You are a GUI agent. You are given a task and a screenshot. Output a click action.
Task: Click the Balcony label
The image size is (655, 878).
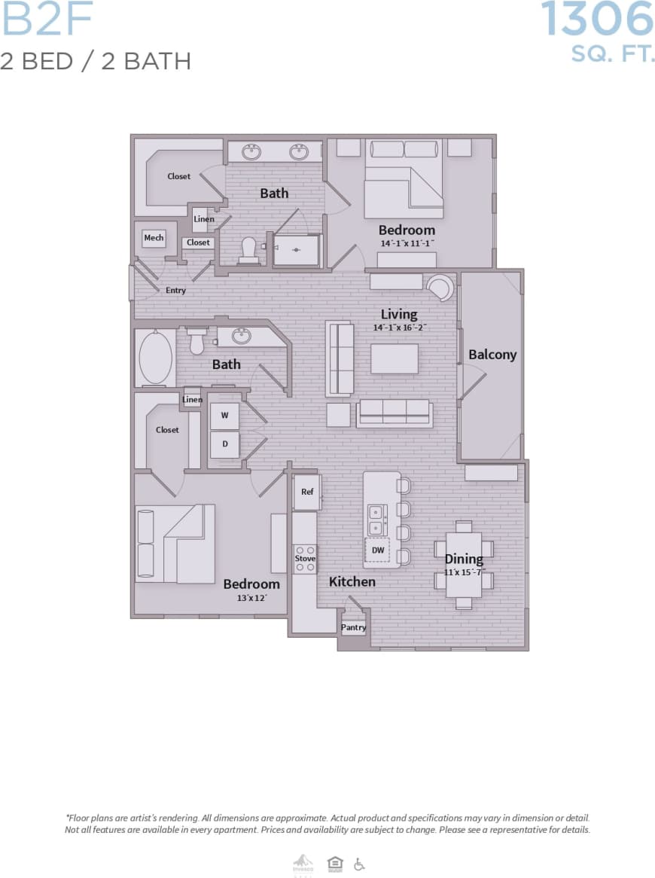pos(492,354)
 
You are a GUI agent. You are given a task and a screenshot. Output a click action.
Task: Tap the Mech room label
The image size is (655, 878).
pos(154,238)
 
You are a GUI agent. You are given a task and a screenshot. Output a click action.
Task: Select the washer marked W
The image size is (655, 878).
pos(224,416)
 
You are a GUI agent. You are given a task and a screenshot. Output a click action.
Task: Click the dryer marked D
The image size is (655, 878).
pos(224,444)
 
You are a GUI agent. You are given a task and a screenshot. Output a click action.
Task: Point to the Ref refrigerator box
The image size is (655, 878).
pos(307,492)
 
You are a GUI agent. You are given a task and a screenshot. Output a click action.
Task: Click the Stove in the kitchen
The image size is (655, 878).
pos(305,559)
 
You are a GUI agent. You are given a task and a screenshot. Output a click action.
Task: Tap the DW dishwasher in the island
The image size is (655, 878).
pos(378,550)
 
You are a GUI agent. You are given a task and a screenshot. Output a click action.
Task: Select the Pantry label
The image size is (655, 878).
pos(353,627)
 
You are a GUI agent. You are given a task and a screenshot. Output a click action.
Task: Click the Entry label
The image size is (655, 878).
pos(175,290)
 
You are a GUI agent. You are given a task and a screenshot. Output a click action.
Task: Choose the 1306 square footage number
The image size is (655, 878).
pos(597,20)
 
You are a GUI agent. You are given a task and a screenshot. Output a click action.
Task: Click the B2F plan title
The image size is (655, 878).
pos(47,21)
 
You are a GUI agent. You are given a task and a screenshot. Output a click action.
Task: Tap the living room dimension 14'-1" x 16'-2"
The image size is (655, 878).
pos(399,328)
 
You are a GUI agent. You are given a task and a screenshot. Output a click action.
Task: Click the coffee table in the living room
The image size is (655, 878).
pos(395,358)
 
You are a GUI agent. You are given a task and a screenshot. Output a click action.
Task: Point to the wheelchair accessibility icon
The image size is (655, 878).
pos(359,864)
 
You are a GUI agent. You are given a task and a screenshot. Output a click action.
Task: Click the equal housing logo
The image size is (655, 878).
pos(334,864)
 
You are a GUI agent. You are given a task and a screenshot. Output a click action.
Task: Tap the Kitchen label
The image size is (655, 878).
pos(352,581)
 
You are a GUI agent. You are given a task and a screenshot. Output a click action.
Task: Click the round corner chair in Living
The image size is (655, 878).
pos(440,287)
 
